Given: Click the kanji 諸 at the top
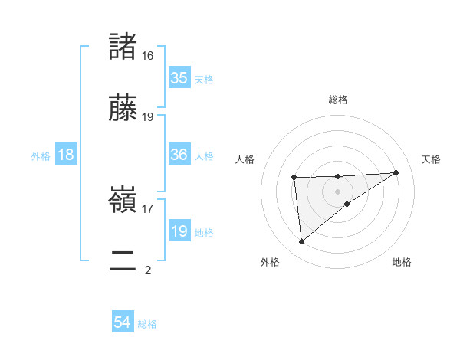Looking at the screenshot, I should (123, 47).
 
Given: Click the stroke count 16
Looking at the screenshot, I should (148, 56).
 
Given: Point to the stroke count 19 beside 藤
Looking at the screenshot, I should (148, 116).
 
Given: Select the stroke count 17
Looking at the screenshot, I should (148, 208).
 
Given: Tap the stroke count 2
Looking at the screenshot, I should (148, 270).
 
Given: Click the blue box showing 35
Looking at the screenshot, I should (179, 78).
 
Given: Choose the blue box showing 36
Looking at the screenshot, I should (179, 155).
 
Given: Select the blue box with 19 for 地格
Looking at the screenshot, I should (179, 231).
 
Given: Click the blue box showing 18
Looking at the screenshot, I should (66, 155).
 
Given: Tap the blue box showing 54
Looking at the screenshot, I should (123, 323).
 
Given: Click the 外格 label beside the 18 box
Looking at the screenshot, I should (41, 155).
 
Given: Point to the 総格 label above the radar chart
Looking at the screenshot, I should (338, 100).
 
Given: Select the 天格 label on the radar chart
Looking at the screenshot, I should (432, 159).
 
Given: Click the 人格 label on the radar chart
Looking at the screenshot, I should (245, 159).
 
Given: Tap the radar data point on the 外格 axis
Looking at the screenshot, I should (302, 241).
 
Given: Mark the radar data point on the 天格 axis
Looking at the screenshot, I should (396, 172).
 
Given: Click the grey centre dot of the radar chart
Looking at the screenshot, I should (338, 191).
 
